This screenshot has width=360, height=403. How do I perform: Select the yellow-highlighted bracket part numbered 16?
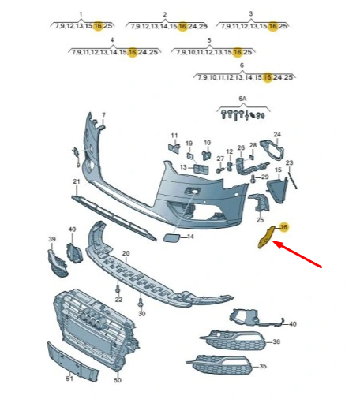tap(265, 237)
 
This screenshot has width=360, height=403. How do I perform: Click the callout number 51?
tap(69, 379)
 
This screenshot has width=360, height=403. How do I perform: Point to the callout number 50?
tap(118, 380)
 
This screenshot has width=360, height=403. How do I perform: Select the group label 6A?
tap(242, 99)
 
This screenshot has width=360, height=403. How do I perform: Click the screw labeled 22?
tap(118, 289)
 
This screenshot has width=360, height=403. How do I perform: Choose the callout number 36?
tap(276, 341)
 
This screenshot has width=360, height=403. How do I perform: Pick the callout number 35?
tap(263, 366)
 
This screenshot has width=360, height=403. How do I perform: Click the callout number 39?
tap(52, 239)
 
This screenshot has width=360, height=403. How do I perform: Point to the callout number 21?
tap(77, 181)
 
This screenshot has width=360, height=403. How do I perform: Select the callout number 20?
tap(126, 253)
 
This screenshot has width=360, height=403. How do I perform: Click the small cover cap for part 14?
tap(171, 237)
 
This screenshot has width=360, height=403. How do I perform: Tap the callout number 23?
tap(289, 162)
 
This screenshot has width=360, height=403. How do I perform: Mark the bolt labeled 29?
tap(253, 179)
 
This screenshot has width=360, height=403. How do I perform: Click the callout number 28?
tap(253, 145)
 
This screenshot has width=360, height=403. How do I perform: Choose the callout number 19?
tap(189, 144)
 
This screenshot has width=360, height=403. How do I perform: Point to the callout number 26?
tap(241, 147)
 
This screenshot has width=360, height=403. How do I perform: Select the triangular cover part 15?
tap(276, 190)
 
